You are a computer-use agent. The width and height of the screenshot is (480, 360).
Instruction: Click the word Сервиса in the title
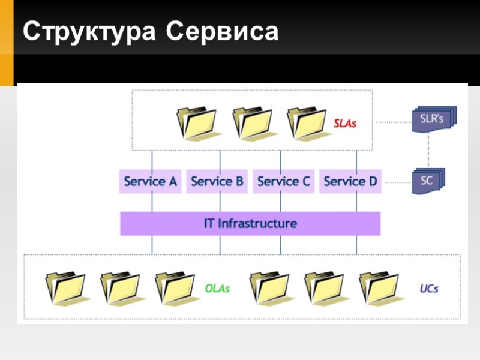coord(223,31)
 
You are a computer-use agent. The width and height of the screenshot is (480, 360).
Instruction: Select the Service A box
coord(150,181)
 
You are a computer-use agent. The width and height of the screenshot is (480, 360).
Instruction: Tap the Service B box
coord(217,181)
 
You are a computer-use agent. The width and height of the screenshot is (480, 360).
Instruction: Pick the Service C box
coord(283,181)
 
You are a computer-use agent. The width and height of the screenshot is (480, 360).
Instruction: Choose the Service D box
coord(350,181)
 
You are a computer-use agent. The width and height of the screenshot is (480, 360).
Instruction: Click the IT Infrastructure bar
coord(250,224)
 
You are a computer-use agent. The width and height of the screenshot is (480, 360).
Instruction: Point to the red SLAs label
coord(345,124)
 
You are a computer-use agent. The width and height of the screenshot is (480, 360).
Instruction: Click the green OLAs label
coord(217,289)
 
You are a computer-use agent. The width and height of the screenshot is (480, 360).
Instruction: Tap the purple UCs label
coord(428,289)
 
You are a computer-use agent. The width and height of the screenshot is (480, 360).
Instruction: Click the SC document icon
coord(428,181)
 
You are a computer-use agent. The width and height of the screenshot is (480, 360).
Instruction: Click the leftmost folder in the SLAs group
coord(196,122)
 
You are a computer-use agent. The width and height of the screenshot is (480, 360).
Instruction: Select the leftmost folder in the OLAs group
coord(65,288)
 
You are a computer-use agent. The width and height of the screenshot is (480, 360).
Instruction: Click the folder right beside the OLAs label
coord(175,288)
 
